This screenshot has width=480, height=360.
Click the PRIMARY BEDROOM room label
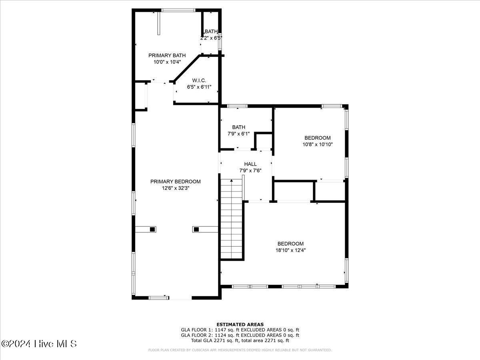[175, 182]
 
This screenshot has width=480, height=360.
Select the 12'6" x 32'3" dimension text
[175, 188]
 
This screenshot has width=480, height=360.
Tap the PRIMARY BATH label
[167, 55]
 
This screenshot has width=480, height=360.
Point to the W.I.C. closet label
[199, 80]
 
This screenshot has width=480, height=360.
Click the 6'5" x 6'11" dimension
[199, 87]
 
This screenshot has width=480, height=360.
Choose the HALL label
[250, 164]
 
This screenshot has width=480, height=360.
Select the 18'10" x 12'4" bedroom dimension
[290, 250]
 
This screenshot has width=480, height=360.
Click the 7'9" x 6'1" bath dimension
[238, 134]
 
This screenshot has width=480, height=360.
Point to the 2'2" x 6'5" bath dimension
[211, 38]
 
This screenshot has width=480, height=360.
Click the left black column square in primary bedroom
[152, 229]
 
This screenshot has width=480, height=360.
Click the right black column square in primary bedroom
[196, 229]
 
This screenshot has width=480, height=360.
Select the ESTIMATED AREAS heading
[240, 324]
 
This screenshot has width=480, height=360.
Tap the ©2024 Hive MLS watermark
[39, 344]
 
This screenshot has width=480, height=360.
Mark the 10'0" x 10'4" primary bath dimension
[167, 62]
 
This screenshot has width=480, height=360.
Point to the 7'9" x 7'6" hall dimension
[250, 170]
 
